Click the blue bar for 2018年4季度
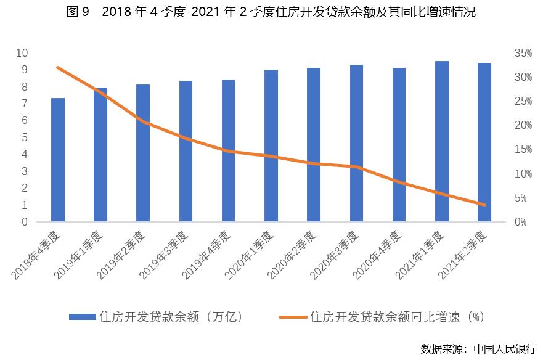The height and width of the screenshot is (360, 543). pyautogui.click(x=58, y=160)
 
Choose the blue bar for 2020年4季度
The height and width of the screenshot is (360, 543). pyautogui.click(x=399, y=145)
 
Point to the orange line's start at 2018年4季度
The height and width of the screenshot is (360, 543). pyautogui.click(x=58, y=67)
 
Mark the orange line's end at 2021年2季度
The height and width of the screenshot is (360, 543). pyautogui.click(x=484, y=205)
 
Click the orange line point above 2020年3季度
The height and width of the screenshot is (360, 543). pyautogui.click(x=356, y=166)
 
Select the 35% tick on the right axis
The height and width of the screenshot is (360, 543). pyautogui.click(x=523, y=54)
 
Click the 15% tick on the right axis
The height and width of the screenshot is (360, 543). pyautogui.click(x=523, y=150)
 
